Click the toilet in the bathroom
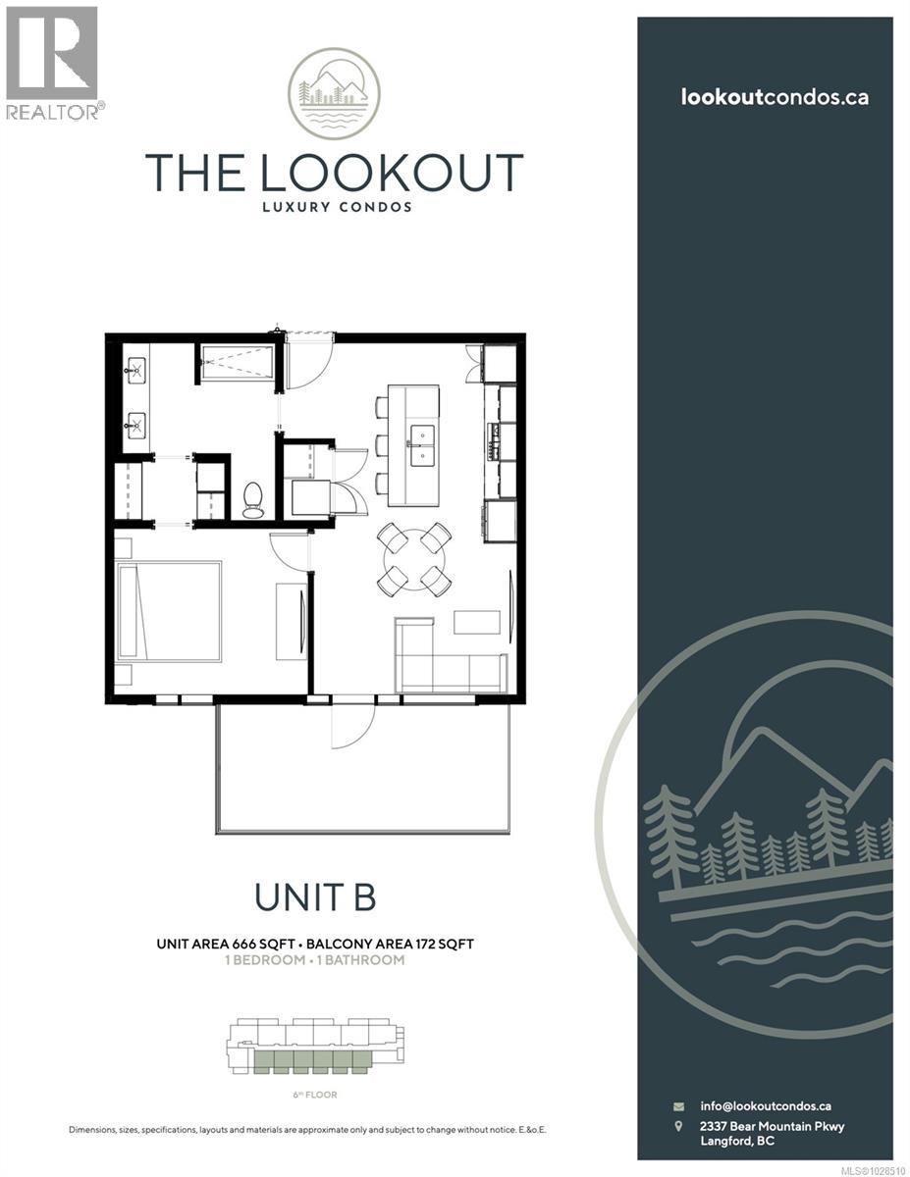(252, 500)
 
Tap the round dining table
(415, 559)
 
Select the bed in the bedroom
(169, 610)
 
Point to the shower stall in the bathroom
(237, 362)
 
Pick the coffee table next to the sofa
(477, 622)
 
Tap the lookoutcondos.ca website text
(775, 96)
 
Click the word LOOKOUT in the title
(390, 173)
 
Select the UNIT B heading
(315, 896)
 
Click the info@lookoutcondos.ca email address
(766, 1105)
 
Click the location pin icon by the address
(678, 1127)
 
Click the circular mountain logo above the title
(334, 94)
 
